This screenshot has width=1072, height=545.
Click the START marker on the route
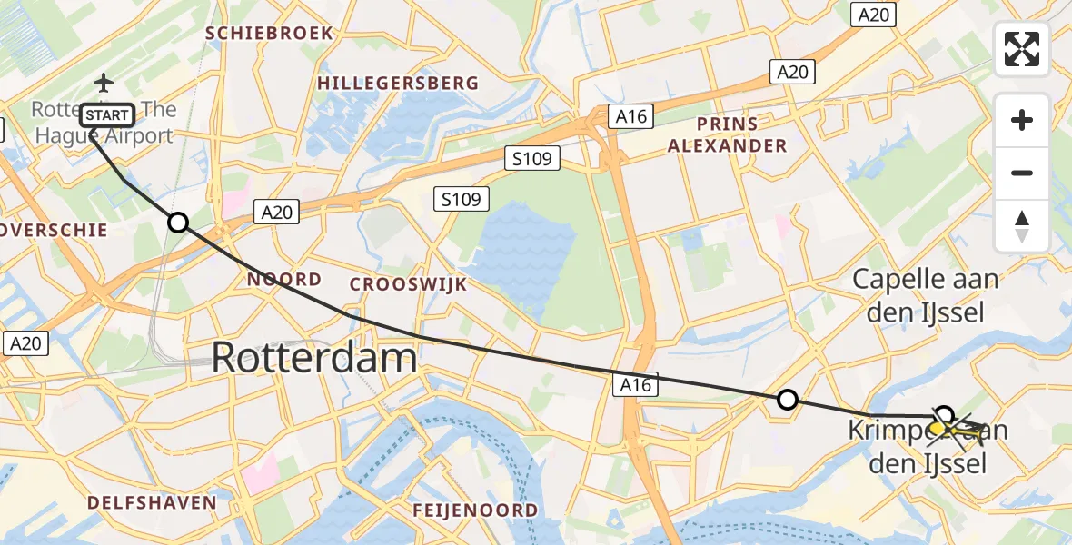pyautogui.click(x=108, y=115)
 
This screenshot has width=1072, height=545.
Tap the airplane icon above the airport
pyautogui.click(x=104, y=84)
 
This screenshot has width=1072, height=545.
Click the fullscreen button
pyautogui.click(x=1022, y=49)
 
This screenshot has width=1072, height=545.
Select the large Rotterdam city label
pyautogui.click(x=314, y=358)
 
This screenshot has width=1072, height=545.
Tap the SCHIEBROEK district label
pyautogui.click(x=269, y=34)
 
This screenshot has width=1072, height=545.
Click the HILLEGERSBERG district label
pyautogui.click(x=397, y=84)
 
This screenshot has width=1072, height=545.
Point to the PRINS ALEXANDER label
pyautogui.click(x=727, y=134)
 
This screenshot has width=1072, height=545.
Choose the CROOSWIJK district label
pyautogui.click(x=408, y=284)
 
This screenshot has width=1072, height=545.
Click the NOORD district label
pyautogui.click(x=284, y=280)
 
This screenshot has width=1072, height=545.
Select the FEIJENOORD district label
pyautogui.click(x=475, y=510)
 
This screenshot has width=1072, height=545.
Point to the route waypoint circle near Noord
pyautogui.click(x=178, y=223)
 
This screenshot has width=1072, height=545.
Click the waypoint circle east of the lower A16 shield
pyautogui.click(x=788, y=399)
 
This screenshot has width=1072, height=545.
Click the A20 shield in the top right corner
pyautogui.click(x=874, y=15)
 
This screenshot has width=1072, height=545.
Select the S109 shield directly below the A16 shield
pyautogui.click(x=531, y=159)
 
